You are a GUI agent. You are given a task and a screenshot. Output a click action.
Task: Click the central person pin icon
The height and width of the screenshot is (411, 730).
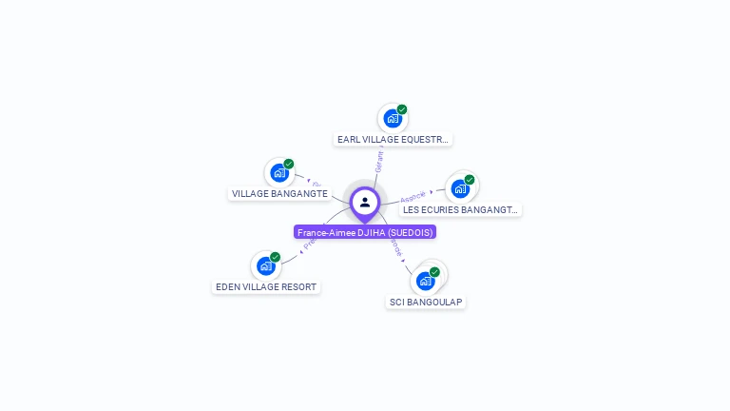[365, 202]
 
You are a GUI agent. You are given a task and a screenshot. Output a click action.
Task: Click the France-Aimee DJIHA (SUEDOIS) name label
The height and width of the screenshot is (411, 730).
[365, 232]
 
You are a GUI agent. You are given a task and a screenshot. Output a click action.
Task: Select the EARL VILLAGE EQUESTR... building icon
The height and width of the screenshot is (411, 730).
[392, 119]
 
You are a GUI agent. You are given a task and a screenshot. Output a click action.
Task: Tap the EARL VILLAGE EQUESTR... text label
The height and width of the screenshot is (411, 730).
[393, 139]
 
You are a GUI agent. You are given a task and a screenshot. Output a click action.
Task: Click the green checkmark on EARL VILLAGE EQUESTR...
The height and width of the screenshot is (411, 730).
[402, 109]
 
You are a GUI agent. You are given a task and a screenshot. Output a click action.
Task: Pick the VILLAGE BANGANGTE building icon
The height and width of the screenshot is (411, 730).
[279, 173]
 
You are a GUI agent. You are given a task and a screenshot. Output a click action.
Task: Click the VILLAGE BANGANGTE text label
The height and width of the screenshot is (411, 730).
[279, 193]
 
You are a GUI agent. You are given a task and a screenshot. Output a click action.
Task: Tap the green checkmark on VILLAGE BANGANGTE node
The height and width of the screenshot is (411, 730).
[289, 164]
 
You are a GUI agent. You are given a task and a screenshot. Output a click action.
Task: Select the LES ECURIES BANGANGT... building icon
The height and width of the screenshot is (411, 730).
[460, 188]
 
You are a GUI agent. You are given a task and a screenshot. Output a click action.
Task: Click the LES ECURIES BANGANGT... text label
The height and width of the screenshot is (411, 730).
[460, 209]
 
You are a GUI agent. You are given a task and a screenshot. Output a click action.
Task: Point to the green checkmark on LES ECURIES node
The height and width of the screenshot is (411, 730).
[470, 179]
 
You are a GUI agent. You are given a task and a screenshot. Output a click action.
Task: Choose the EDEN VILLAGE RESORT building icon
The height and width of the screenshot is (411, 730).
[265, 266]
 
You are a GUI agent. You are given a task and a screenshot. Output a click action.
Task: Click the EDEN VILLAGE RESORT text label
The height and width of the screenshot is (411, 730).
[266, 286]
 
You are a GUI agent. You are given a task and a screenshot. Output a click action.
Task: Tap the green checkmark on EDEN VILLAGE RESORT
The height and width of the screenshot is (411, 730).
[275, 257]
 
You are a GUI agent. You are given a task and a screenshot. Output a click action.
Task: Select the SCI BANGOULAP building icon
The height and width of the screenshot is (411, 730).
[425, 281]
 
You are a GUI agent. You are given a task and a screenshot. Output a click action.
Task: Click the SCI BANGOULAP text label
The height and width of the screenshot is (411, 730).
[426, 302]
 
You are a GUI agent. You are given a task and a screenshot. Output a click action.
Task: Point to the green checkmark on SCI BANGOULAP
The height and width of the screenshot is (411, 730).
[434, 272]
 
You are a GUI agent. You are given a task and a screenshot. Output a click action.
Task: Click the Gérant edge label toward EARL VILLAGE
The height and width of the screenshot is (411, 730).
[379, 160]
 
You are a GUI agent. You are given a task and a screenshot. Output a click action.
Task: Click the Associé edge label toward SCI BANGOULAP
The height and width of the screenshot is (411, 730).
[396, 246]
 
